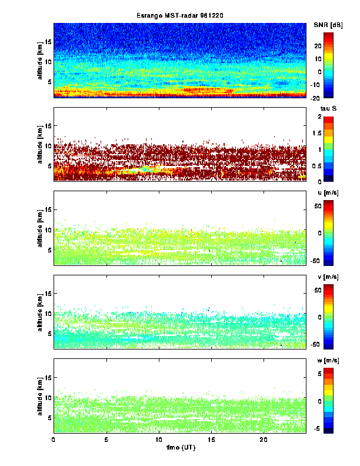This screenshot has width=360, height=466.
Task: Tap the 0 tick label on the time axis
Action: [54, 439]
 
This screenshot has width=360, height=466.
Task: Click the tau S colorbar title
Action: [328, 109]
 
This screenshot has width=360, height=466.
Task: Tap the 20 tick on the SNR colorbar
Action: [315, 46]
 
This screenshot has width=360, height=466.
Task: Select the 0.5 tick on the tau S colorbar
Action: [316, 165]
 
